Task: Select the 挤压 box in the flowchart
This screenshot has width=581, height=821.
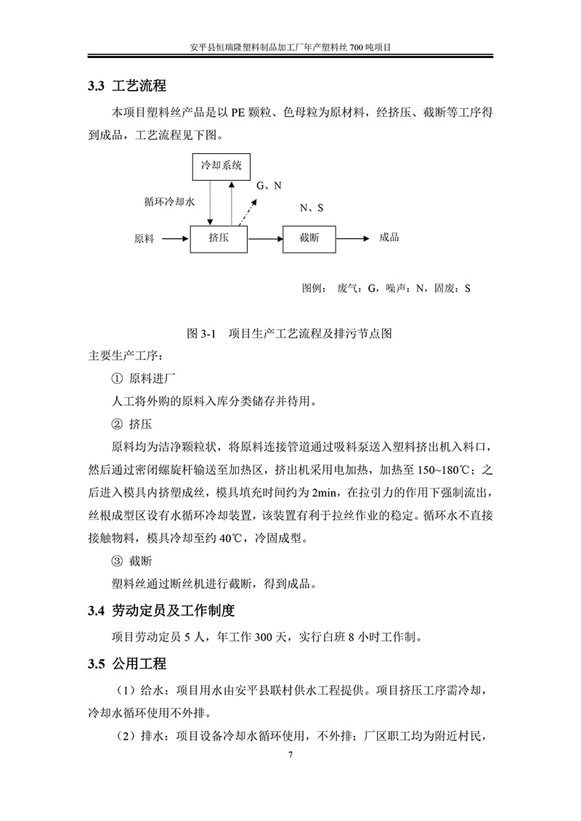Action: point(219,238)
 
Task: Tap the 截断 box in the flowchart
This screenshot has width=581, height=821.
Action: point(309,238)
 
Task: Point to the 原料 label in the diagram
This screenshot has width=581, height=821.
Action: point(145,238)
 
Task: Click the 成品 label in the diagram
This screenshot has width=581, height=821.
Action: point(389,237)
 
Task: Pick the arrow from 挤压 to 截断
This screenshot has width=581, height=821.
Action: point(264,238)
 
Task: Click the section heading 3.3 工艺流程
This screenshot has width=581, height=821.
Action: point(127,87)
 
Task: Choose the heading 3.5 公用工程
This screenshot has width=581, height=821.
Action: point(127,663)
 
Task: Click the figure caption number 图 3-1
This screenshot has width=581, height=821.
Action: point(203,334)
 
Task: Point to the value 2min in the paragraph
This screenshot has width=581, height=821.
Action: point(324,493)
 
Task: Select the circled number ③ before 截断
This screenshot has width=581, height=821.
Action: point(116,560)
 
